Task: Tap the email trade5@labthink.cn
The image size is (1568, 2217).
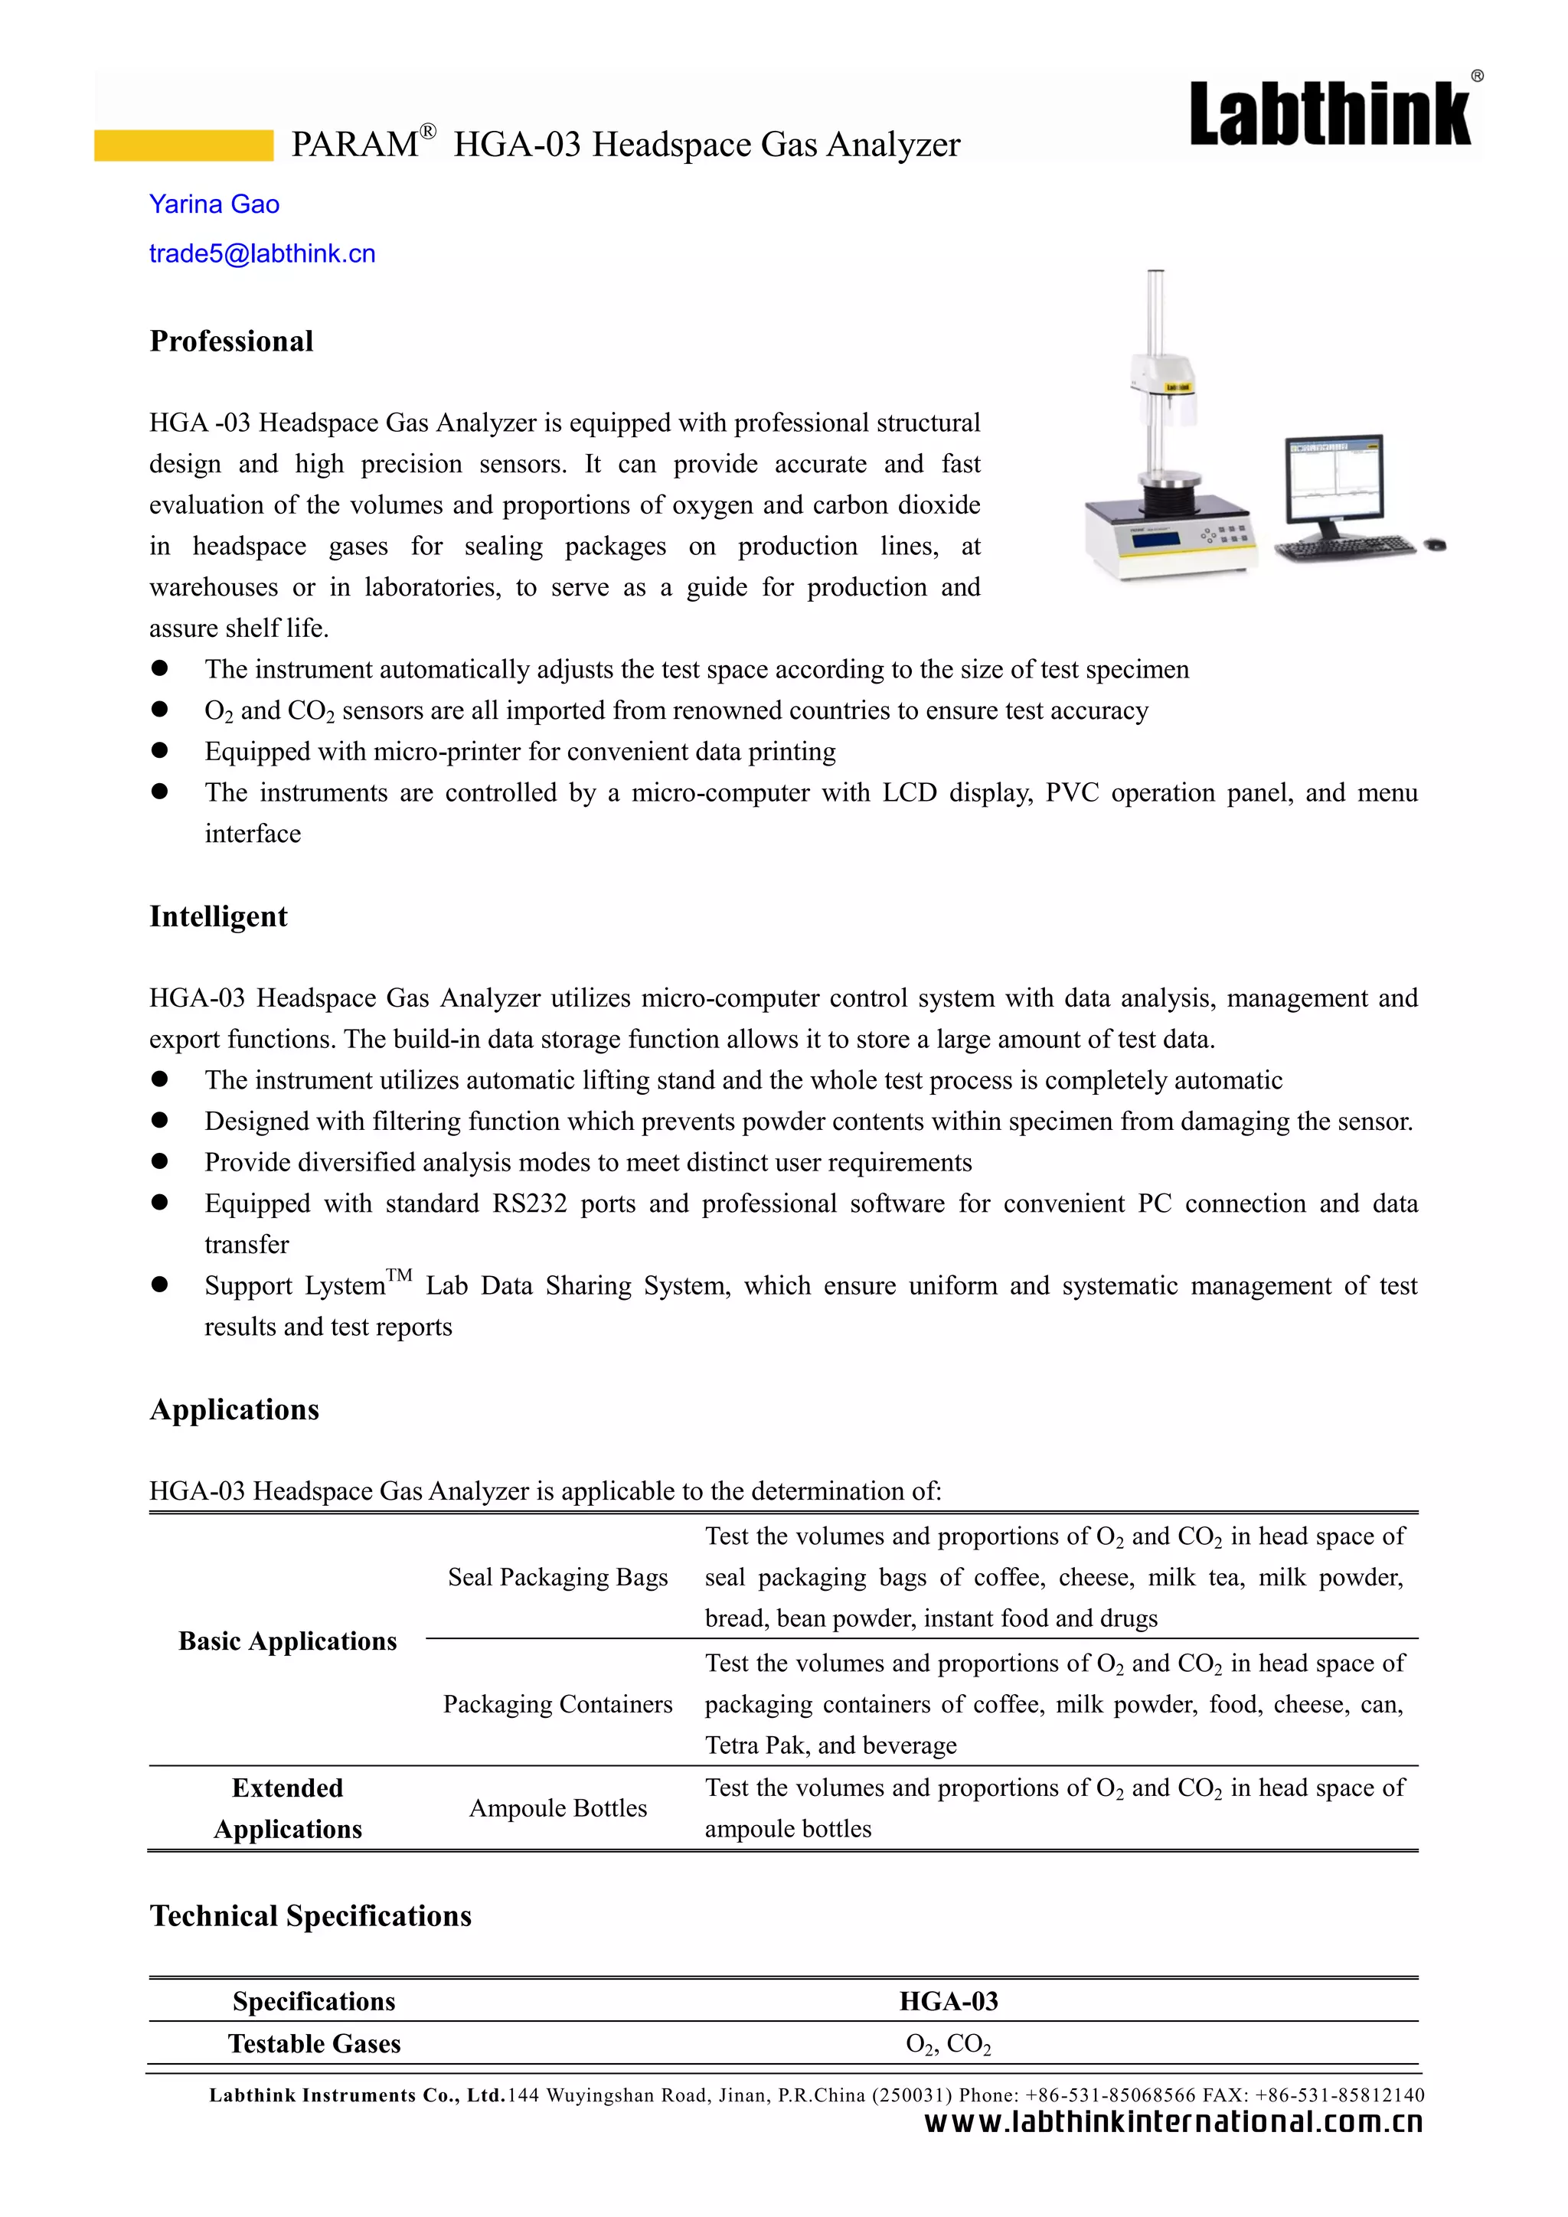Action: click(x=262, y=254)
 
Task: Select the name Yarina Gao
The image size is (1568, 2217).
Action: click(x=214, y=204)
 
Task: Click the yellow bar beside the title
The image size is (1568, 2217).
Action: click(x=184, y=145)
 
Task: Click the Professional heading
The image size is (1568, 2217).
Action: click(x=232, y=341)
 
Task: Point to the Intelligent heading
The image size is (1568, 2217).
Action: click(x=218, y=916)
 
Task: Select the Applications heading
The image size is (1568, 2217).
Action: click(x=234, y=1410)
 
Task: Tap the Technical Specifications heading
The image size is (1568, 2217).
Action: click(x=311, y=1915)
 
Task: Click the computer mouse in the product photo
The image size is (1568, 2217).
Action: click(x=1436, y=546)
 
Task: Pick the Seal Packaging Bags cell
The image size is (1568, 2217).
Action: click(x=558, y=1577)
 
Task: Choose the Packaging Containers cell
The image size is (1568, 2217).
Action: click(x=558, y=1704)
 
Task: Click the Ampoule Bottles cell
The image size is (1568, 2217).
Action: click(x=558, y=1808)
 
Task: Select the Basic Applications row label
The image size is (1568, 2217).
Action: click(x=288, y=1641)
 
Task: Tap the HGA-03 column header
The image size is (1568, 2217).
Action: click(x=948, y=2000)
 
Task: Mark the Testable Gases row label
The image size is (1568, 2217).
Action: click(x=314, y=2043)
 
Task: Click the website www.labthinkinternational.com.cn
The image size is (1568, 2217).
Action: click(x=1173, y=2122)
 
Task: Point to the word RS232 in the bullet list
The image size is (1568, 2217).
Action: click(x=530, y=1204)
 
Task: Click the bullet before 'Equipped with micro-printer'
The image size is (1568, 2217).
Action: click(x=160, y=750)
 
